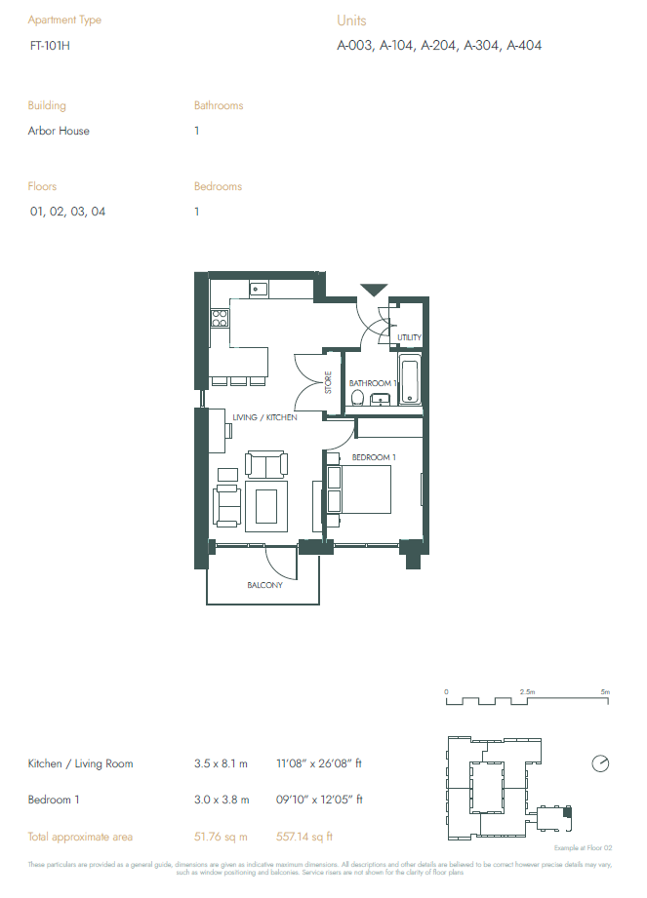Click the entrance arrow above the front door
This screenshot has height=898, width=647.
click(x=374, y=290)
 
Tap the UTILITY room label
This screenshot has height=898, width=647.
click(x=409, y=338)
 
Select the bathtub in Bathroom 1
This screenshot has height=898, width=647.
click(x=409, y=382)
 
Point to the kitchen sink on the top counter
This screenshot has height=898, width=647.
click(x=259, y=289)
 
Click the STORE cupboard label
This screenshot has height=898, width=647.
click(x=329, y=381)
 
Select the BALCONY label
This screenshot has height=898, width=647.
click(x=263, y=585)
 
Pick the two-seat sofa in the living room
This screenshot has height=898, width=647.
click(x=265, y=464)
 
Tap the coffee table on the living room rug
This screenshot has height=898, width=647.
click(x=266, y=506)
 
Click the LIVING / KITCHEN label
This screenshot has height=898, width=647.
click(x=264, y=417)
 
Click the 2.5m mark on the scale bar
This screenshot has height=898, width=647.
click(x=526, y=691)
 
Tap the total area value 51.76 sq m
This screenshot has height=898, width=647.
click(x=222, y=837)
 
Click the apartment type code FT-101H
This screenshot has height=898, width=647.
click(x=50, y=45)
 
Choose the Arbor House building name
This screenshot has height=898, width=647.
click(x=59, y=131)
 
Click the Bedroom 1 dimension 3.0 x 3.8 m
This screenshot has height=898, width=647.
click(x=222, y=800)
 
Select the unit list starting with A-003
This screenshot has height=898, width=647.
click(x=439, y=45)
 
